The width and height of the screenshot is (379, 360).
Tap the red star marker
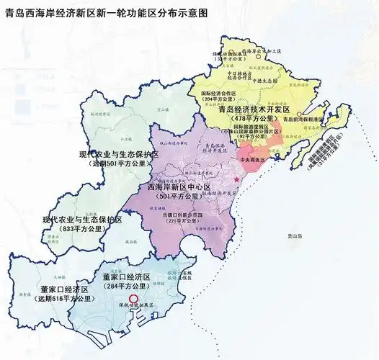tap(236, 179)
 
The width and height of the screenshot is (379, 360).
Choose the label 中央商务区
tap(252, 159)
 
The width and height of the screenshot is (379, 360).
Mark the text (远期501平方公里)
tap(120, 164)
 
